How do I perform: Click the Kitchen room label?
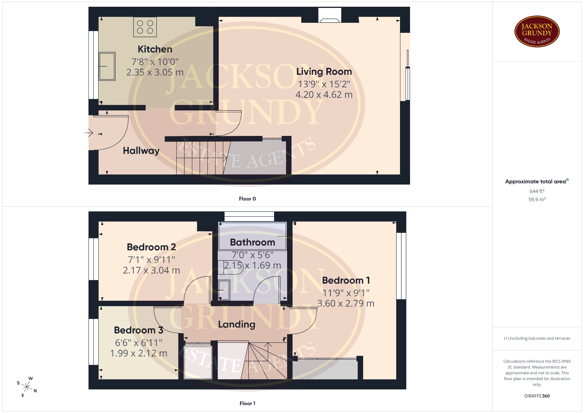pos(155,49)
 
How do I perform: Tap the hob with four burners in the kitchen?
pos(145,27)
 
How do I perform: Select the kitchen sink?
pos(107,66)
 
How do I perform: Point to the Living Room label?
pos(324,71)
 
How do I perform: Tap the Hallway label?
pos(141,151)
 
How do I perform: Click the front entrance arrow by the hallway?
pos(89,133)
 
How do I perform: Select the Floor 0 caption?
pos(247,199)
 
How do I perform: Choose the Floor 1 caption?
pos(247,403)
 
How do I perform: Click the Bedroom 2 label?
pos(151,247)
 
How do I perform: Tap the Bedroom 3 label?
pos(139,330)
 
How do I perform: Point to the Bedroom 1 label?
pos(346,280)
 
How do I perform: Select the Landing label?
pos(237,324)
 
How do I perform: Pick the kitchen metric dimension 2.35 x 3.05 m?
pos(155,72)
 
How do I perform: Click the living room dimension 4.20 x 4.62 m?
pos(324,95)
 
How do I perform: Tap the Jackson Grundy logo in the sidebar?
pos(537,32)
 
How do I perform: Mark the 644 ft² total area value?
pos(537,191)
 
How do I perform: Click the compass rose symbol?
pos(27,387)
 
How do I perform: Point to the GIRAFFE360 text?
pos(537,396)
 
